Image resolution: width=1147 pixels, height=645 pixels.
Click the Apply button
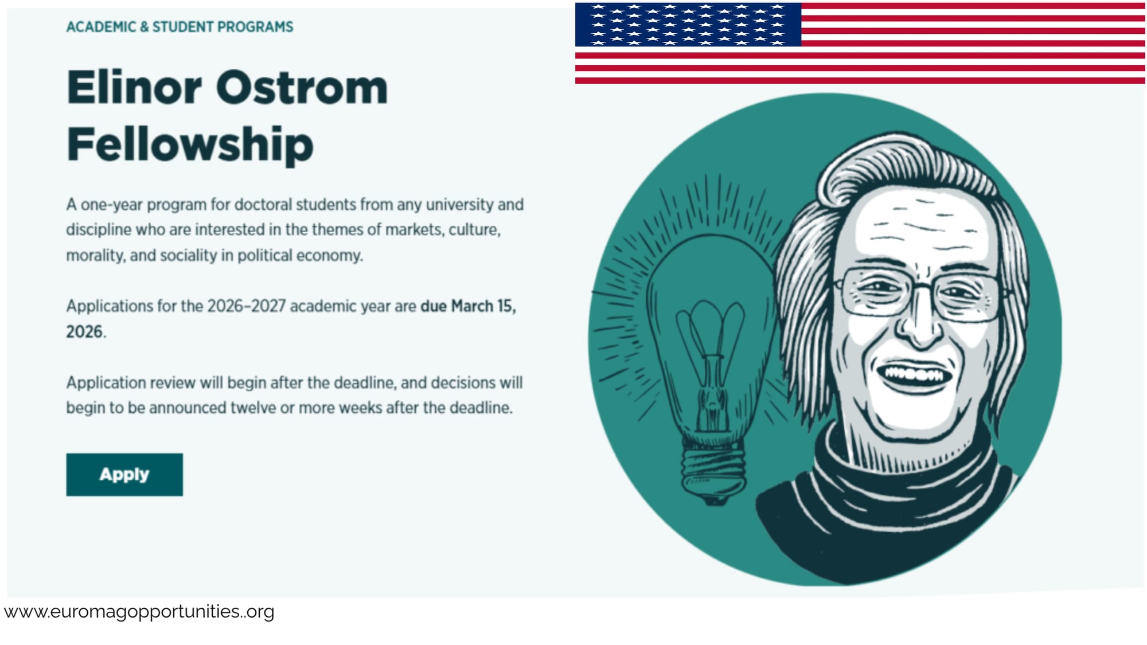coord(124,475)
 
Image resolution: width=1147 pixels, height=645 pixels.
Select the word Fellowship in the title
coord(190,144)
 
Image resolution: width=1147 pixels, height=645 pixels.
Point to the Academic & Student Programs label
coord(180,27)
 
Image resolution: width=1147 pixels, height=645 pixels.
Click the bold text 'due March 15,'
coord(468,306)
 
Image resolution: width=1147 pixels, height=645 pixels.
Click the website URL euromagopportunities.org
coord(139,612)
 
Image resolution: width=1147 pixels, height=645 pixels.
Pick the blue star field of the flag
coord(688,24)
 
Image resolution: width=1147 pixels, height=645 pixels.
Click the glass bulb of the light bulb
coord(711,298)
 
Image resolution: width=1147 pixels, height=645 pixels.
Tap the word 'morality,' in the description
coord(96,255)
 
